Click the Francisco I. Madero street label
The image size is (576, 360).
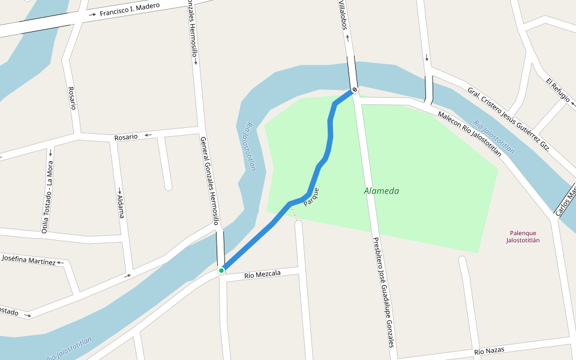tap(130, 10)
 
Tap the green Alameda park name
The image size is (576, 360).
tap(381, 191)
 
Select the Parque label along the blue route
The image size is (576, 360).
tap(311, 197)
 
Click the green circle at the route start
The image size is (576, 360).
tap(221, 271)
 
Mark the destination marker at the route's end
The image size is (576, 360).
tap(355, 90)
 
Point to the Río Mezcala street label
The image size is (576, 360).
tap(262, 274)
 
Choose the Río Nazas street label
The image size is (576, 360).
tap(489, 350)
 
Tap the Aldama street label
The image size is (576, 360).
tap(121, 206)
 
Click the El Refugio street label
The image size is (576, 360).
tap(557, 89)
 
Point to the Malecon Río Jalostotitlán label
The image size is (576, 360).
tap(469, 133)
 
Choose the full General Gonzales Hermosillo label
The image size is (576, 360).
tap(209, 181)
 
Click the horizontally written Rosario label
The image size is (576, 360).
tap(126, 137)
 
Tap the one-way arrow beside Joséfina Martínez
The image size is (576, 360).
tap(60, 263)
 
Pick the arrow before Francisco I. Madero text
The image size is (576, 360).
tap(92, 14)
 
